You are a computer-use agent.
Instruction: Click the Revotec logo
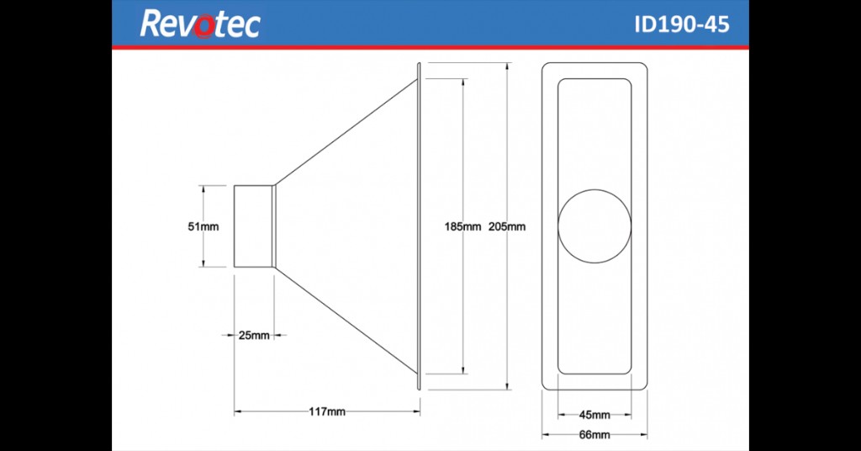tap(200, 24)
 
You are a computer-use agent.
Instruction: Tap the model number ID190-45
tap(681, 24)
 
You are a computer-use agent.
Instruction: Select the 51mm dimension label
tap(203, 226)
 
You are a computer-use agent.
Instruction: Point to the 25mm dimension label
tap(254, 335)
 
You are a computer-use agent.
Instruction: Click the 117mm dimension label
tap(327, 411)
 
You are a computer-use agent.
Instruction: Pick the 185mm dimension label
tap(463, 226)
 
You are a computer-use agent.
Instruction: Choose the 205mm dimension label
tap(507, 226)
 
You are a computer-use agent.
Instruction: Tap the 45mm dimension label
tap(594, 416)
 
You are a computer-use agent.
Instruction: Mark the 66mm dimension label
tap(594, 435)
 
